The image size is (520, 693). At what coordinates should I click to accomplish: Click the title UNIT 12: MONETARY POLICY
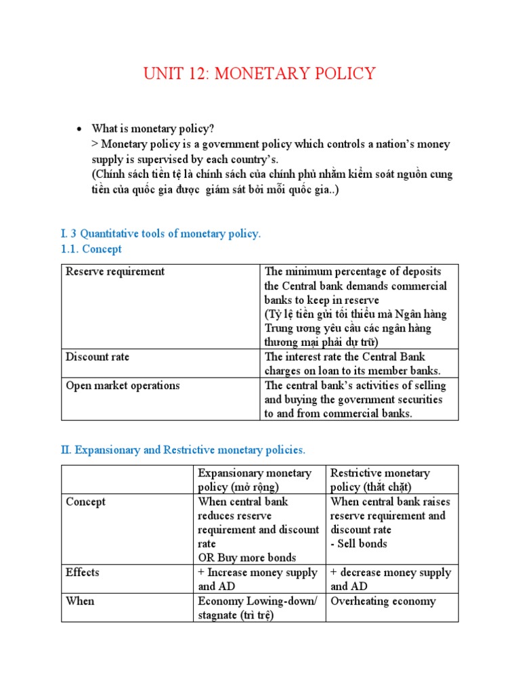[x=259, y=74]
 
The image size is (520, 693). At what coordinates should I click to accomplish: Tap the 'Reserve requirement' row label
[x=115, y=271]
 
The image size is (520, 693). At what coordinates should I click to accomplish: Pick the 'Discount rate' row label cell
[x=97, y=357]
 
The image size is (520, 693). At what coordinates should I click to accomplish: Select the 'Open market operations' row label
[x=123, y=385]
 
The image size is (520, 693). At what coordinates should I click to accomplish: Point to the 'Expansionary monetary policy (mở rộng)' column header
[x=255, y=480]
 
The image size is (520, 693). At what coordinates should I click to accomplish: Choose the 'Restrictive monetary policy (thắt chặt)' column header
[x=380, y=480]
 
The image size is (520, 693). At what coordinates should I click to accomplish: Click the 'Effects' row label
[x=83, y=573]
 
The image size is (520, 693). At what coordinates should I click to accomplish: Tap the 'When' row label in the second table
[x=80, y=601]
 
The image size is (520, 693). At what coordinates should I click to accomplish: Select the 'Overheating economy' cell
[x=383, y=601]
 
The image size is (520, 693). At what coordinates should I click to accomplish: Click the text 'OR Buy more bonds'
[x=247, y=558]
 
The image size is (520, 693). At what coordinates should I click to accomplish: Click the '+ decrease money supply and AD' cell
[x=391, y=579]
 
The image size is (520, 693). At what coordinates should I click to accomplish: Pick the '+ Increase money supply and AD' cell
[x=258, y=579]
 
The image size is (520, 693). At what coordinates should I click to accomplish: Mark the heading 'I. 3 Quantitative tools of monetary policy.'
[x=160, y=233]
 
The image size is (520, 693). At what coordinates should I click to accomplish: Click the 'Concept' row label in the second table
[x=86, y=501]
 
